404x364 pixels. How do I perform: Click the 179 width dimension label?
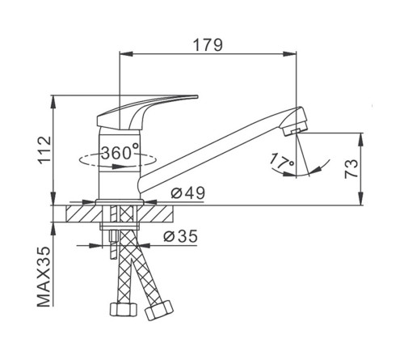[x=208, y=45]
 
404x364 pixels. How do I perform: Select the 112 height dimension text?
[x=44, y=150]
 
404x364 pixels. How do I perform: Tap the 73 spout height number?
[x=351, y=169]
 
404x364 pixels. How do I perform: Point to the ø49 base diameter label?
[x=188, y=193]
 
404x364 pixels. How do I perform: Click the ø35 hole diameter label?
[x=181, y=236]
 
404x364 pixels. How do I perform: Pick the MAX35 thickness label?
[x=44, y=277]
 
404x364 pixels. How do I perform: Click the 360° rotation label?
[x=120, y=152]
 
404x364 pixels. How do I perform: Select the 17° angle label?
[x=282, y=161]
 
